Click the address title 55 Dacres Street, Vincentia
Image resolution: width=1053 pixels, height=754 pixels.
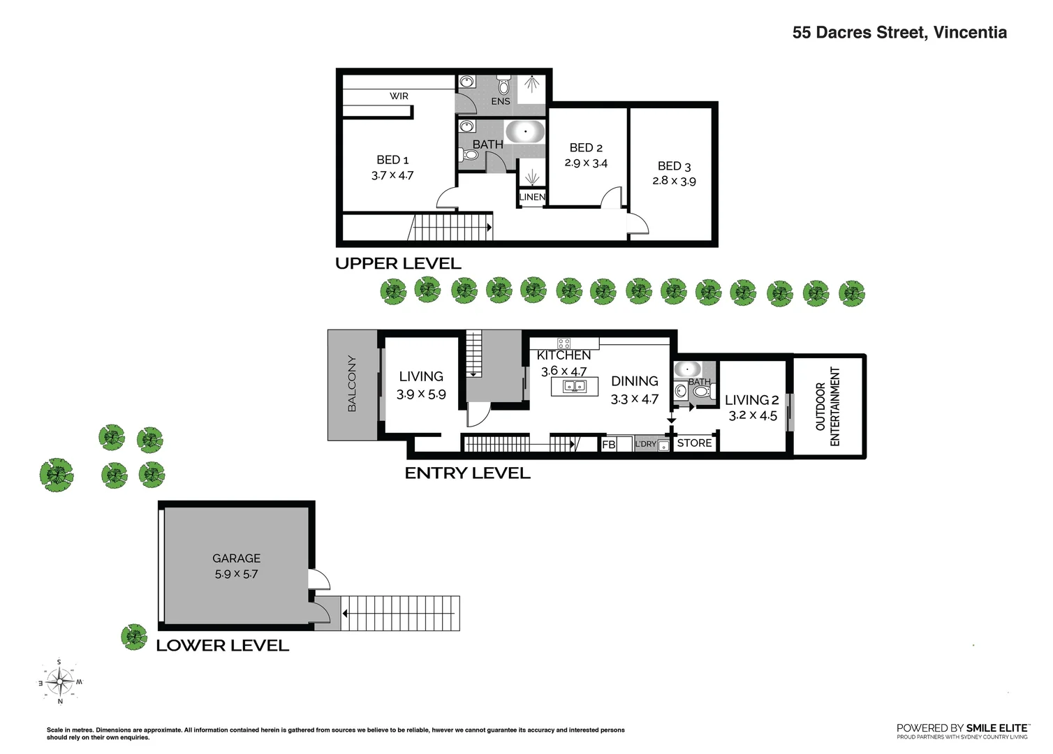[x=899, y=33]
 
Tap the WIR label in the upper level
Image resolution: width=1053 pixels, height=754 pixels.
[x=399, y=96]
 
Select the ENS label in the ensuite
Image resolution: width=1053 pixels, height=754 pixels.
[x=500, y=101]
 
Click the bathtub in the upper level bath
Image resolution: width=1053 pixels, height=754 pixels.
[x=524, y=131]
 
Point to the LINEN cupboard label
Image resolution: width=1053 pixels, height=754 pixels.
[x=532, y=198]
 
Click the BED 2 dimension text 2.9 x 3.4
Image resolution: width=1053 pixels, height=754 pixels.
[x=586, y=163]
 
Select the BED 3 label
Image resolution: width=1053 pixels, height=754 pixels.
[x=674, y=166]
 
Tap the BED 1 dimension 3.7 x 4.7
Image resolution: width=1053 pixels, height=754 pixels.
[x=392, y=176]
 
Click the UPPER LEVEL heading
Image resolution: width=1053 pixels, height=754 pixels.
[x=398, y=264]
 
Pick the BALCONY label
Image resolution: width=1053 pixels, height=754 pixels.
[x=352, y=384]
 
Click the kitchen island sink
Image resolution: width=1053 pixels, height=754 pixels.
[x=575, y=386]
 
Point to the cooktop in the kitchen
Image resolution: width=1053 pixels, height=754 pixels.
[x=564, y=343]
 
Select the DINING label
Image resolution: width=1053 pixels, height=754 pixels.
[x=634, y=381]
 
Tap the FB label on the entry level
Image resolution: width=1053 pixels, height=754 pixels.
[x=608, y=444]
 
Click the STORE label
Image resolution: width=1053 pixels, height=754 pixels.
[x=694, y=443]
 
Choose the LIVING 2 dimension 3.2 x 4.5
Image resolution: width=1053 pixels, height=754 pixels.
[x=752, y=415]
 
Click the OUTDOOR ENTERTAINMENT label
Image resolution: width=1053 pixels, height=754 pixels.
[x=827, y=406]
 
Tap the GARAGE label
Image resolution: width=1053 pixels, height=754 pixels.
[x=236, y=559]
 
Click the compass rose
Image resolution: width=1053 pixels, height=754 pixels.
[x=60, y=681]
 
